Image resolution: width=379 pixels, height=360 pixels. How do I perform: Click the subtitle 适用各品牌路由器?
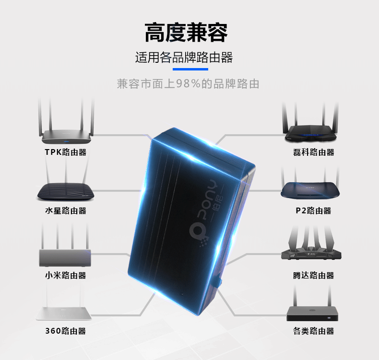point(184,58)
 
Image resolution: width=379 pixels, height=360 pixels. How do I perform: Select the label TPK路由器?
point(65,152)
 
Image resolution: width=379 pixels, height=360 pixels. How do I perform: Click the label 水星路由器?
point(65,210)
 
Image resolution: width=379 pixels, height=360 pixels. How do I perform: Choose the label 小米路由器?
point(65,275)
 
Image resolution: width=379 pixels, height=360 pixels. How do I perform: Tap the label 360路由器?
point(65,331)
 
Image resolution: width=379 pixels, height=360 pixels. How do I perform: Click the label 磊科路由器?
point(313,152)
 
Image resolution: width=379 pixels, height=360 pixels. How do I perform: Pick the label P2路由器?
point(313,210)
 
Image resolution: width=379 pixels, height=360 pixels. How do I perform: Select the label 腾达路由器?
point(313,275)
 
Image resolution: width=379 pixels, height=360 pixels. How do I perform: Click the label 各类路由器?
point(313,331)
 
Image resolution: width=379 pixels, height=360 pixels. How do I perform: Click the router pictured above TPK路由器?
point(66,135)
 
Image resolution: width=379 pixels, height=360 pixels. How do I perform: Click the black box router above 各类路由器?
point(312,313)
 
